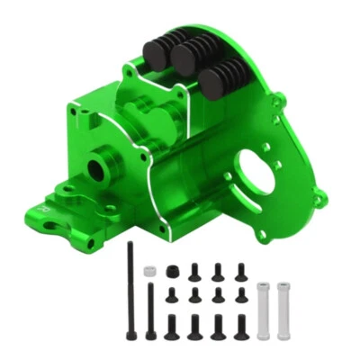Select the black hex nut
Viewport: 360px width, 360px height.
pos(172,271)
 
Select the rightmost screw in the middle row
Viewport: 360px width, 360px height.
pos(240,296)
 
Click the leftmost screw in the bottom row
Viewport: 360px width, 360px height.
pos(172,327)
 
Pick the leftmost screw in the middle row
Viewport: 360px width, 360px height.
pos(172,295)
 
